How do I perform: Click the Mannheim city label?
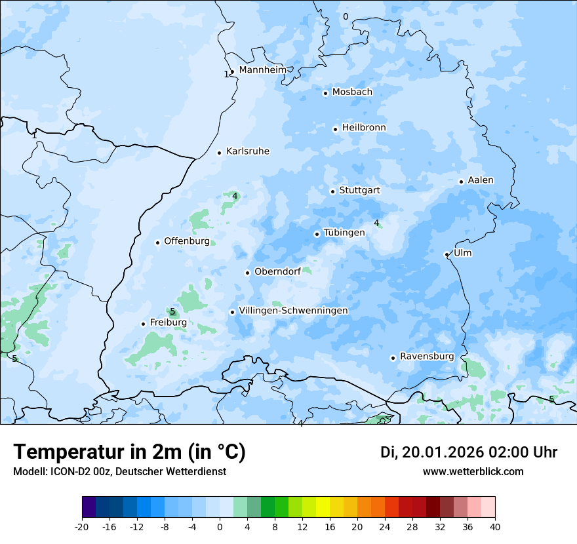[262, 69]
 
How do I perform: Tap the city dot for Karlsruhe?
[220, 153]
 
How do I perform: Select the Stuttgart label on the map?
[359, 190]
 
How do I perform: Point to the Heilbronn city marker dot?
[335, 129]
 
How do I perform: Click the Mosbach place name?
[352, 92]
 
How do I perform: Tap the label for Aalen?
[481, 180]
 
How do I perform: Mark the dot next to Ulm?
[447, 254]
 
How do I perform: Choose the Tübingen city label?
[344, 233]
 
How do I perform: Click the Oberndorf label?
[277, 271]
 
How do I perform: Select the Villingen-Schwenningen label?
[293, 311]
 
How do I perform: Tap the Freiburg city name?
[168, 322]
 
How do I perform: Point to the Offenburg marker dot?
[157, 243]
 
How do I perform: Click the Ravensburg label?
[427, 357]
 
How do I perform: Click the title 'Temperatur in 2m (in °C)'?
[129, 452]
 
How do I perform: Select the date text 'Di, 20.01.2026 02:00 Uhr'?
[469, 452]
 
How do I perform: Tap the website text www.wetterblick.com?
[473, 472]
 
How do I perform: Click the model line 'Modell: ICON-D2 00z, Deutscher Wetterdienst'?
[119, 472]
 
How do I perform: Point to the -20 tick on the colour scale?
[82, 526]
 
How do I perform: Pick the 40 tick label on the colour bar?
[495, 526]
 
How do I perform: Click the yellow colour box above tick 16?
[330, 507]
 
